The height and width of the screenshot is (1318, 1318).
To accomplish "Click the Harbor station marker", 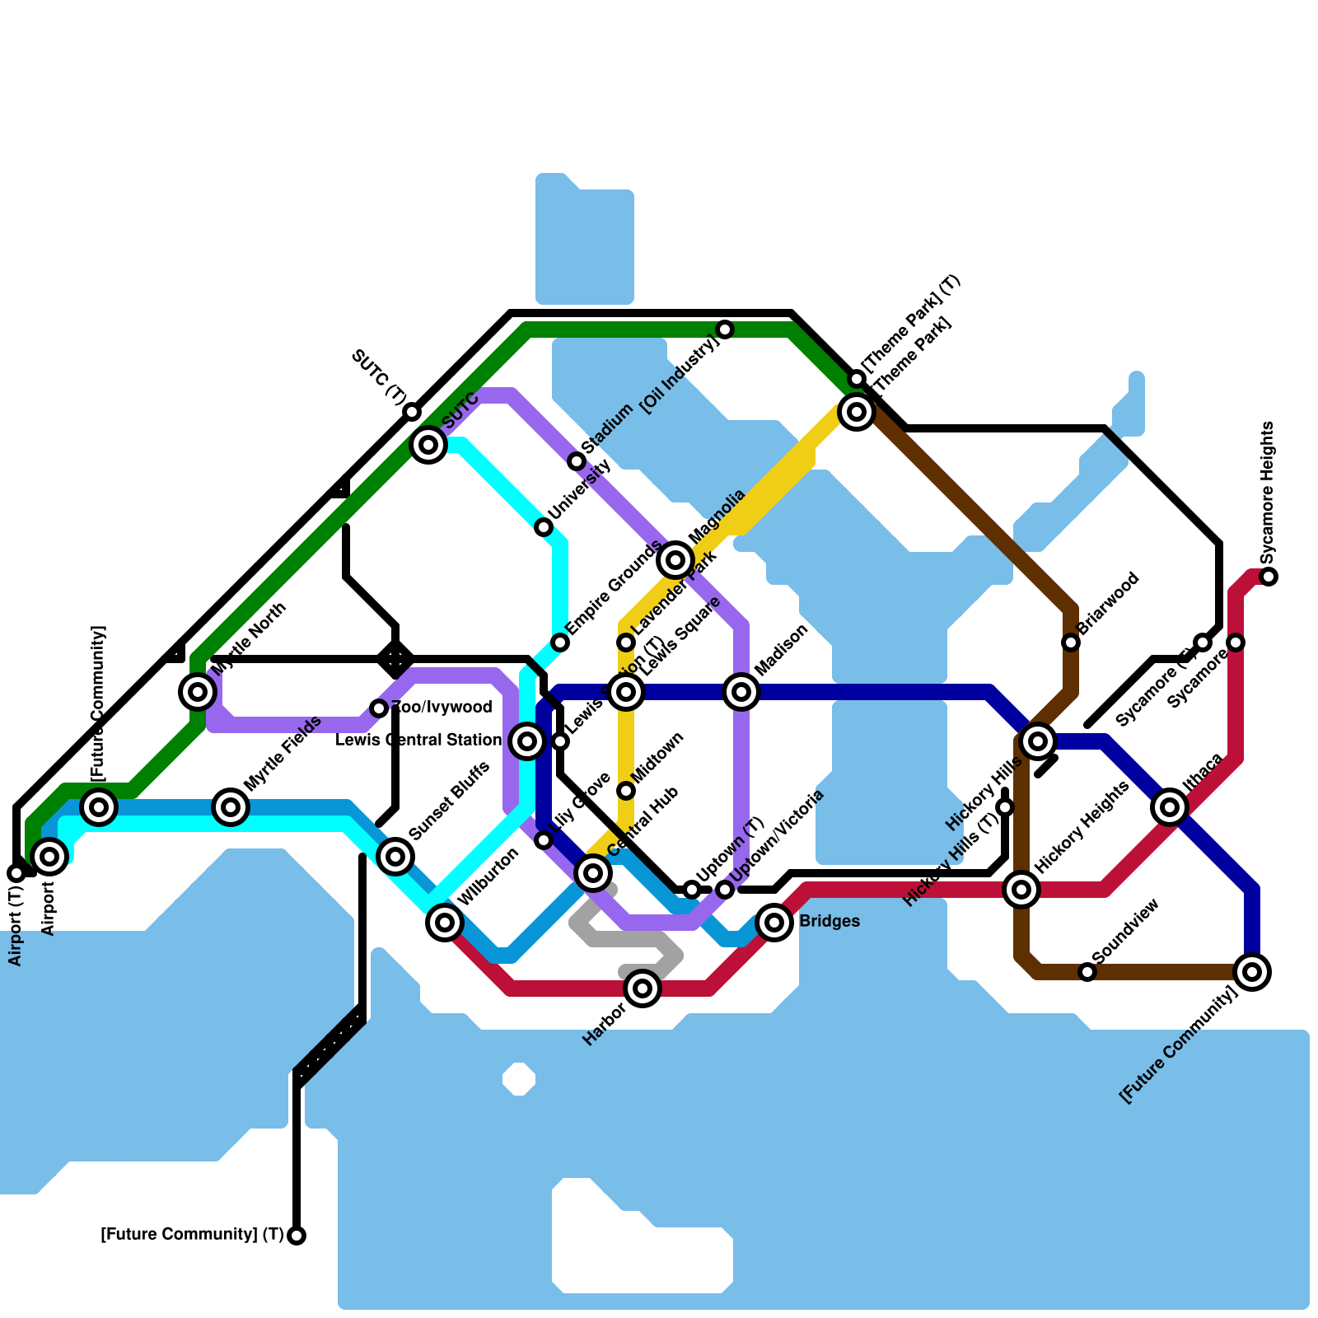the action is coord(643,988).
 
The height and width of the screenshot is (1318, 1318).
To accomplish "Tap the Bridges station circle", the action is coord(774,922).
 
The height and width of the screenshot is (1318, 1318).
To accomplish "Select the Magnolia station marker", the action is coord(675,560).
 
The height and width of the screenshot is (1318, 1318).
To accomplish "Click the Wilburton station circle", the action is coord(445,922).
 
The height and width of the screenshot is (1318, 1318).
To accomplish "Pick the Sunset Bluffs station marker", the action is coord(395,857).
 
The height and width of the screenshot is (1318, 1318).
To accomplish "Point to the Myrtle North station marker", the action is coord(198,692).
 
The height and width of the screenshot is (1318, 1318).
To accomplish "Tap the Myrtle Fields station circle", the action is coord(231,807).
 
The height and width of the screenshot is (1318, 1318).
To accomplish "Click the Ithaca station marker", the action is coord(1170,807).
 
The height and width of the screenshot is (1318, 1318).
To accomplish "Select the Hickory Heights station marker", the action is coord(1021,889).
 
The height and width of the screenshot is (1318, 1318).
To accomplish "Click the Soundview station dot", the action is coord(1087,972).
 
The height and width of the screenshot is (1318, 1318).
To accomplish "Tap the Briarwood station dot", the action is coord(1071,643).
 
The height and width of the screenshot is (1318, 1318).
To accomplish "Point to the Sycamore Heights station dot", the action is coord(1269,577).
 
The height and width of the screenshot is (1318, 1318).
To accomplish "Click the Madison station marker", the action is coord(741,692).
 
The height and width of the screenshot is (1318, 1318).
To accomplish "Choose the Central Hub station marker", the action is coord(593,872).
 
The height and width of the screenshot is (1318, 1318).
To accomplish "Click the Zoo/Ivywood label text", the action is coord(442,707).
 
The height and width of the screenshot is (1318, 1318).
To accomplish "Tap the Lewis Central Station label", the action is coord(418,741).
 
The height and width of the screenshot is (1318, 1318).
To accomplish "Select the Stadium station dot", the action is coord(577,461).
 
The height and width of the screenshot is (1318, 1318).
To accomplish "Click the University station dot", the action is coord(544,527).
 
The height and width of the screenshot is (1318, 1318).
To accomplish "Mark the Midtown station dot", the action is coord(626,791).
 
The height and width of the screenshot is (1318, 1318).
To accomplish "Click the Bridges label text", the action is coord(830,922).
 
